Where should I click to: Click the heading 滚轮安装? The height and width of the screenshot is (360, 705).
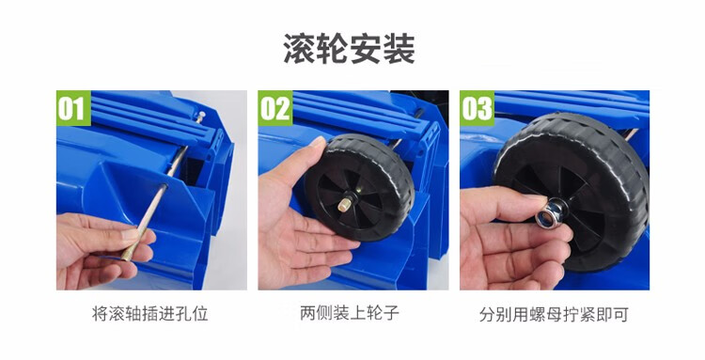[350, 49]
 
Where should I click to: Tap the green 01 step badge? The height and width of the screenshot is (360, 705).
[73, 108]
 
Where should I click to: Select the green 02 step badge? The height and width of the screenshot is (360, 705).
[275, 108]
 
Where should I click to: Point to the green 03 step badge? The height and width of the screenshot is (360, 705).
[477, 108]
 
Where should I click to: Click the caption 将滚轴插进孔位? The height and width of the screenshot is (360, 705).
[150, 314]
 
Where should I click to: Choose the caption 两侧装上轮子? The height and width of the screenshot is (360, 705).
[350, 313]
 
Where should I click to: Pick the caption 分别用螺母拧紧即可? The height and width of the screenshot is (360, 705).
[554, 314]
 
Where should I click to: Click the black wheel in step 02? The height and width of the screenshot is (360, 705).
[360, 187]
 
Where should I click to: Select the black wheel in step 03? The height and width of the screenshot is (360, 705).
[573, 191]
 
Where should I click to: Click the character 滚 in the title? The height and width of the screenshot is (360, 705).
[300, 49]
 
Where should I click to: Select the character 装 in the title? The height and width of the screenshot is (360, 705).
[399, 49]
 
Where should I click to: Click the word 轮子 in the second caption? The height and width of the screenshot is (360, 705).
[383, 313]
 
